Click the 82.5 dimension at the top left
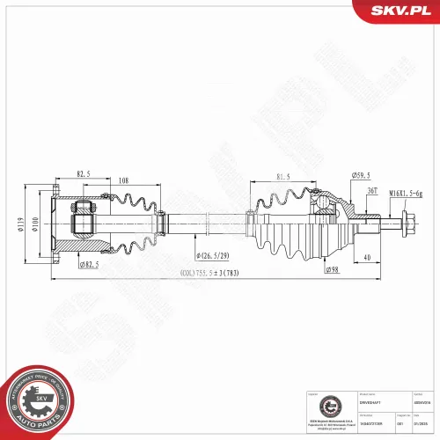(x=84, y=174)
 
